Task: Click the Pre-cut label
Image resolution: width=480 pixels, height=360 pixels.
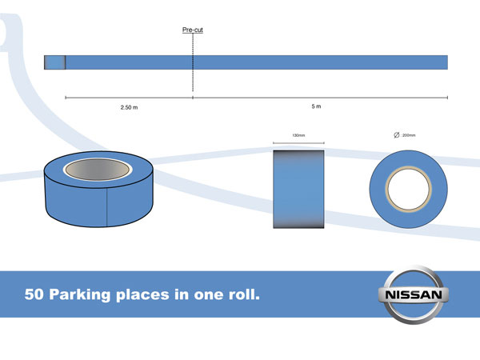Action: [192, 30]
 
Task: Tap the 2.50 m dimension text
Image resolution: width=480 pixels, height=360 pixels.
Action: [129, 106]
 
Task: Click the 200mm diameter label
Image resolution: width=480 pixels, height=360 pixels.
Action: [411, 135]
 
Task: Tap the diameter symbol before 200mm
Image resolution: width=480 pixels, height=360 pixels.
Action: [397, 135]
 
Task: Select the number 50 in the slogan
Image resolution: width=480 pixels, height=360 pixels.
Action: [34, 294]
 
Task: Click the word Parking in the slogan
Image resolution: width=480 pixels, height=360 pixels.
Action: [82, 294]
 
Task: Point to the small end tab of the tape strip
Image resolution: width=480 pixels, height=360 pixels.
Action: [54, 62]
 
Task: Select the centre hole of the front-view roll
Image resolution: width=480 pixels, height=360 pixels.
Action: [410, 190]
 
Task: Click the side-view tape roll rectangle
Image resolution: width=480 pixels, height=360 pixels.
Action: [298, 189]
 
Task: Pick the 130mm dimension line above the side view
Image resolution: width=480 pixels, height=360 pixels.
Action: [298, 144]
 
